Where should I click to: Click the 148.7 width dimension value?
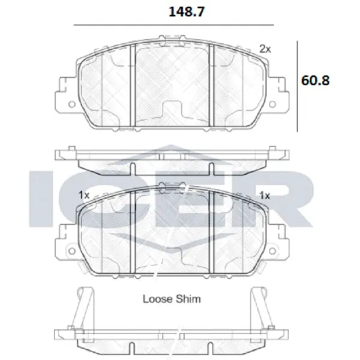[187, 12]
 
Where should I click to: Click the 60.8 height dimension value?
[315, 80]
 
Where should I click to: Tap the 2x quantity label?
[265, 49]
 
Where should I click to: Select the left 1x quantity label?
[84, 196]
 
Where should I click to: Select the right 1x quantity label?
[265, 196]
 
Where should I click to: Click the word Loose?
[157, 299]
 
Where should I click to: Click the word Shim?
[188, 299]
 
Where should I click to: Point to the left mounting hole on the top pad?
[72, 104]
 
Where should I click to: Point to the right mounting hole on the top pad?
[272, 104]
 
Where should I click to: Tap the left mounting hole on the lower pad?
[72, 251]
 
